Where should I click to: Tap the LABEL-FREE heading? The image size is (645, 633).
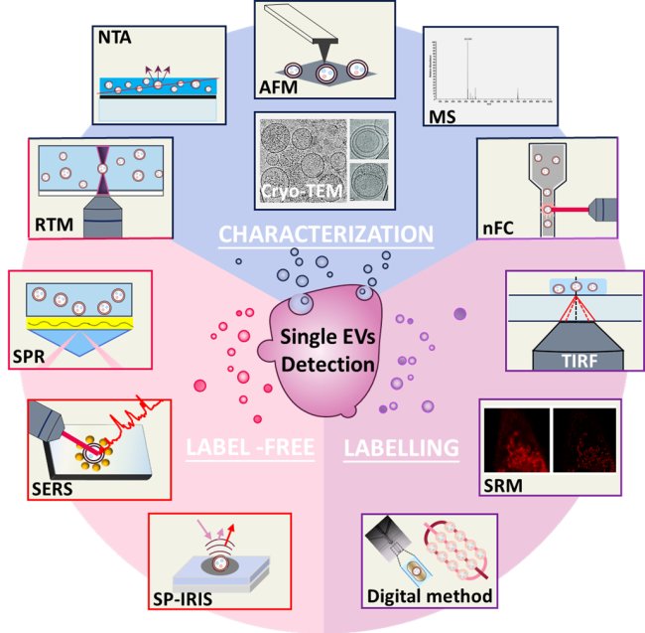click(251, 449)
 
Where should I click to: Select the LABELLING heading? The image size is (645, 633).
click(401, 449)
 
